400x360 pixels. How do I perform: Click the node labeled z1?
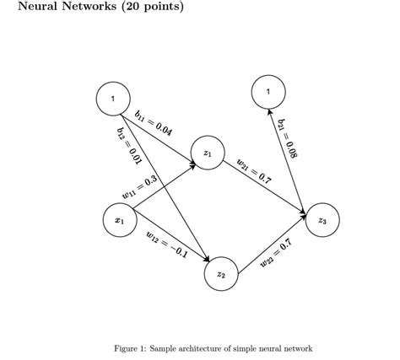pos(208,153)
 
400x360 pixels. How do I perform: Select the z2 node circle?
pos(221,274)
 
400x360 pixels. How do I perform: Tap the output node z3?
pos(322,219)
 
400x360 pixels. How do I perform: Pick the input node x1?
pos(119,220)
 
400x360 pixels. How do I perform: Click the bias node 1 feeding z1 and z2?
pos(113,99)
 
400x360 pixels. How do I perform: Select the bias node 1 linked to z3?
pos(268,91)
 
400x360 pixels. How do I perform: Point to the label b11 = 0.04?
pos(154,123)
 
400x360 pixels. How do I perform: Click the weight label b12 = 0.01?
pos(127,146)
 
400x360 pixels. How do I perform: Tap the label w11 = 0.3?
pos(139,187)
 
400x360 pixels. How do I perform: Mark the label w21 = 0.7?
pos(253,170)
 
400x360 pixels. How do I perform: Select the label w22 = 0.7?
pos(276,254)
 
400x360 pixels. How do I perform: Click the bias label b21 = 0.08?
pos(288,138)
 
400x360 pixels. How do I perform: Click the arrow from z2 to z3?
pos(272,246)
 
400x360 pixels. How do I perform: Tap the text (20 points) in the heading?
pos(151,7)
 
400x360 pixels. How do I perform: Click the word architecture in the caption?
pos(203,348)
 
